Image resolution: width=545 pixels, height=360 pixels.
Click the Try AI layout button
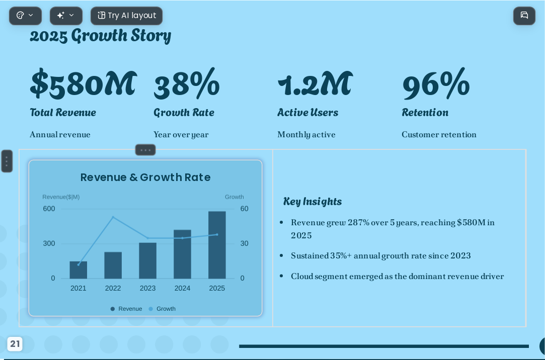click(x=126, y=16)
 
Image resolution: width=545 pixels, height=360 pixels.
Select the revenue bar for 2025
click(x=217, y=245)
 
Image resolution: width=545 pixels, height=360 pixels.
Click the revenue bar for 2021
click(x=78, y=269)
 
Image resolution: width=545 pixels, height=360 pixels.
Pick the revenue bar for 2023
click(x=148, y=260)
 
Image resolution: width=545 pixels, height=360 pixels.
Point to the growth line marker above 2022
click(x=113, y=217)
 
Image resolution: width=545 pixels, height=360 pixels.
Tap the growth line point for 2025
click(x=217, y=234)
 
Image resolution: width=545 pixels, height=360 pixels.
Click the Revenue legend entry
click(x=126, y=309)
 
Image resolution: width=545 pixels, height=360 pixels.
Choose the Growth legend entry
click(x=162, y=309)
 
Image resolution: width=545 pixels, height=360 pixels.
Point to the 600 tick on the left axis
click(x=49, y=209)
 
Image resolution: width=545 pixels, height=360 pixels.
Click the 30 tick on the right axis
click(x=245, y=243)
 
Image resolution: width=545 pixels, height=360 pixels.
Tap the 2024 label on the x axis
click(x=182, y=288)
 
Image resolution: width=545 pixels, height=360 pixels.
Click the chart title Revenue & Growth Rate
click(x=145, y=177)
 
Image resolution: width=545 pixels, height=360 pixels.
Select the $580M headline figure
click(x=84, y=83)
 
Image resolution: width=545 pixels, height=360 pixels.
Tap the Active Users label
click(x=307, y=113)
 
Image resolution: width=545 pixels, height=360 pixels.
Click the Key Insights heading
click(x=313, y=201)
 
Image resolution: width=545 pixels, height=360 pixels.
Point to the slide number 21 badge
click(x=15, y=344)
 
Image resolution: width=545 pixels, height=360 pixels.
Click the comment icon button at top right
click(x=524, y=16)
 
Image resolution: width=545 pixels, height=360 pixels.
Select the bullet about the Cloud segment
click(x=397, y=277)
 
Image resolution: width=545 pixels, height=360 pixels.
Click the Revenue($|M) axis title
click(x=61, y=197)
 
